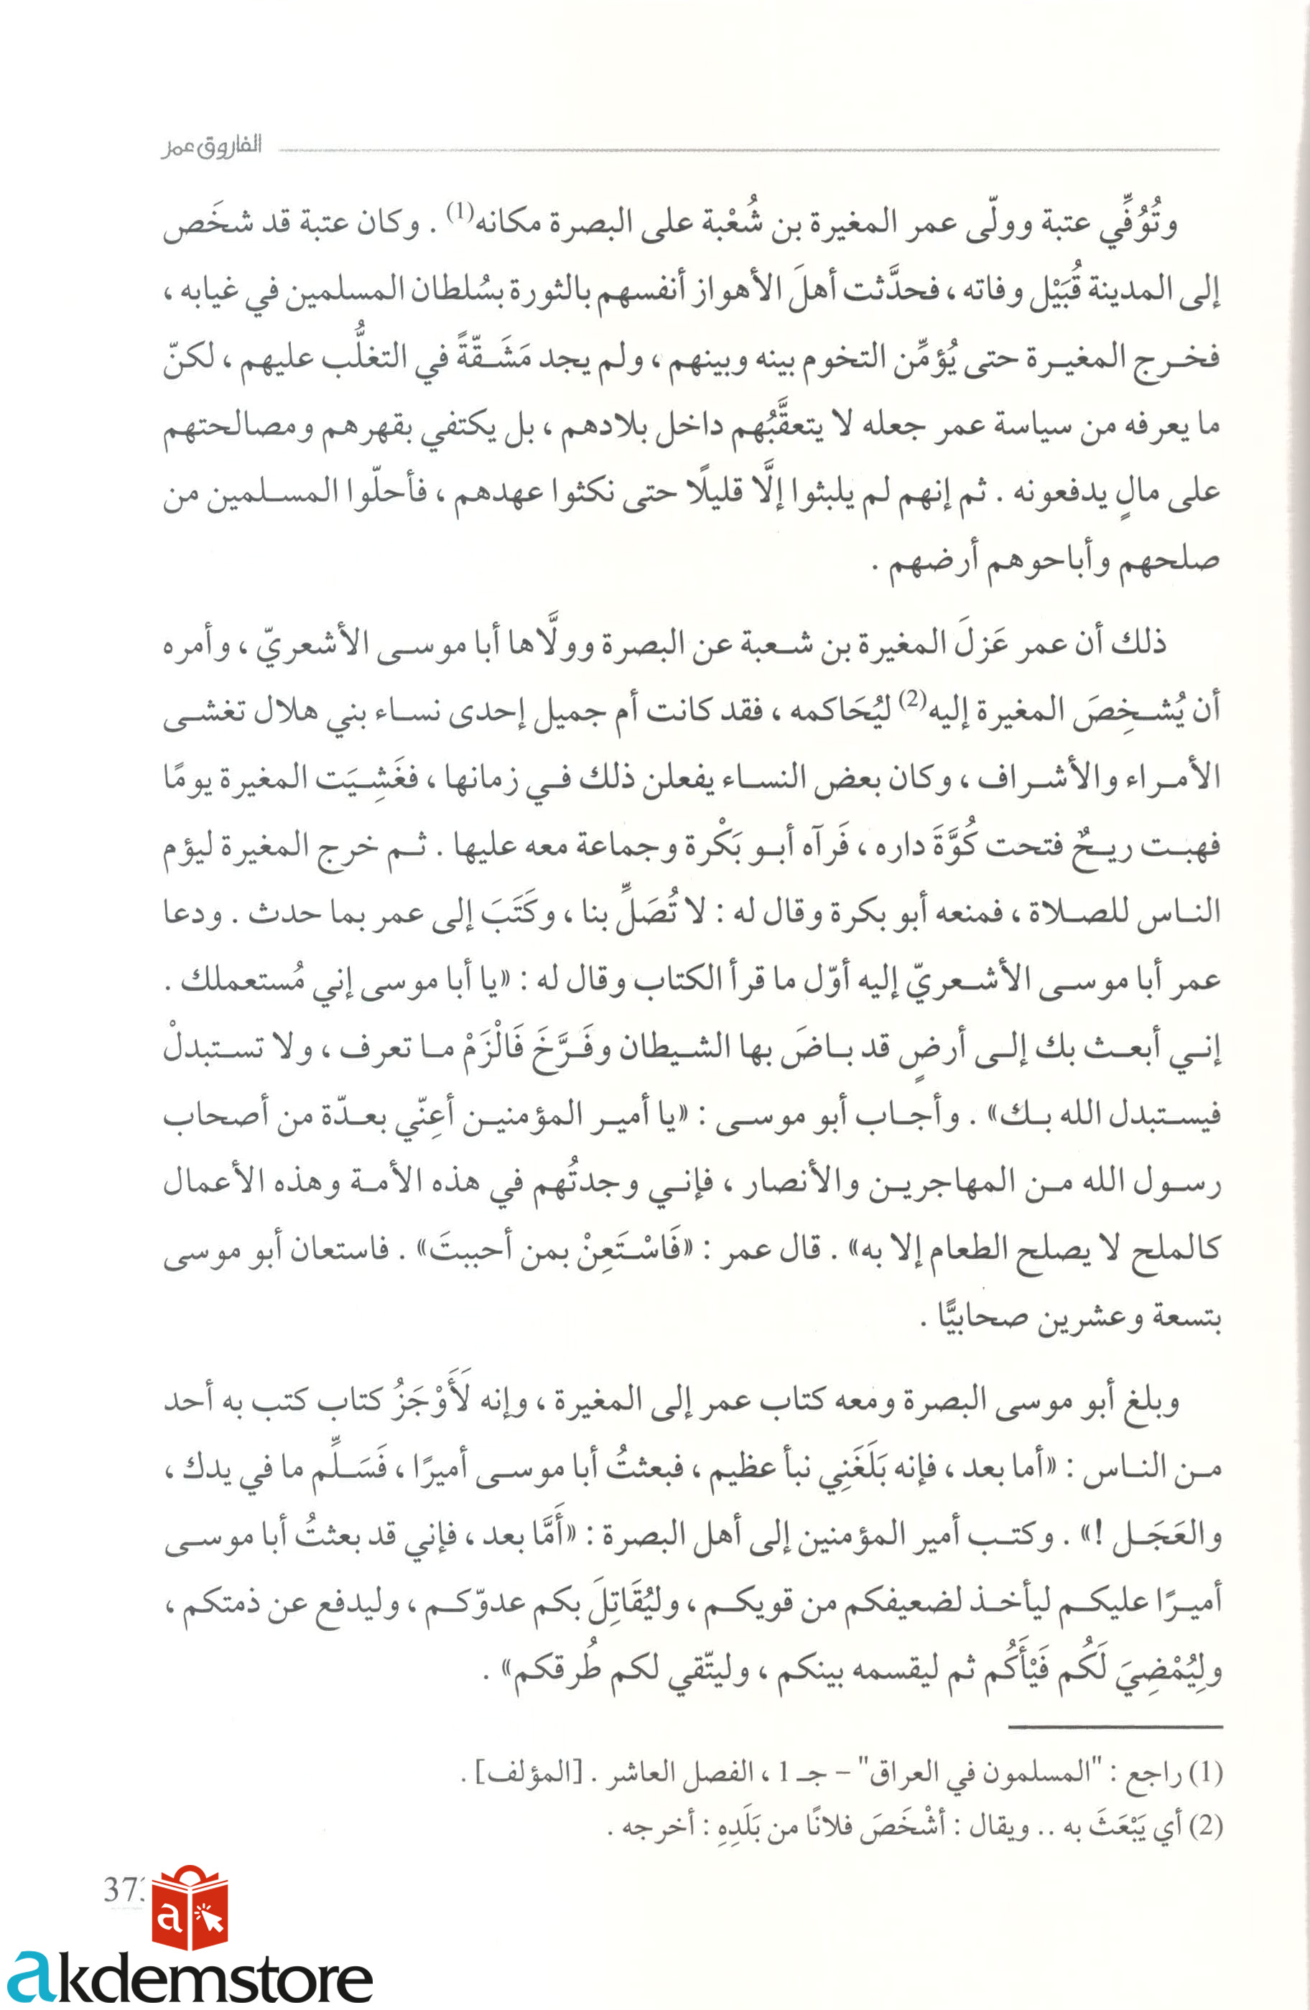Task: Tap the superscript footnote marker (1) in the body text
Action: click(x=460, y=211)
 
